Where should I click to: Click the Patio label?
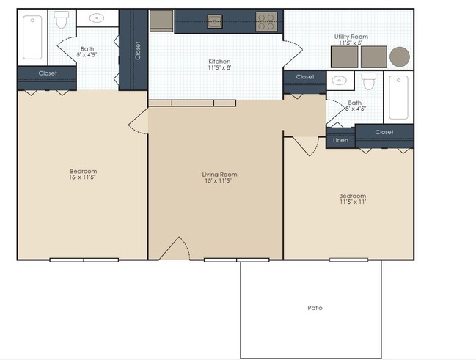coord(314,308)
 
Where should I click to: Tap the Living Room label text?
coord(219,175)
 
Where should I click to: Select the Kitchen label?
coord(219,62)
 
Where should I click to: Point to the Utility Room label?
coord(351,36)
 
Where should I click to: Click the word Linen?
coord(340,140)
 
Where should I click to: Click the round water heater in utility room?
coord(400,56)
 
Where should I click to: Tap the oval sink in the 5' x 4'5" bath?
coord(95,19)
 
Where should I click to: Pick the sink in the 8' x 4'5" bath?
coord(339,81)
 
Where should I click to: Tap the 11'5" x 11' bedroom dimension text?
coord(352,202)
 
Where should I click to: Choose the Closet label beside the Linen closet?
coord(384,132)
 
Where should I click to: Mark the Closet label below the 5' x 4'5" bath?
coord(48,73)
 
